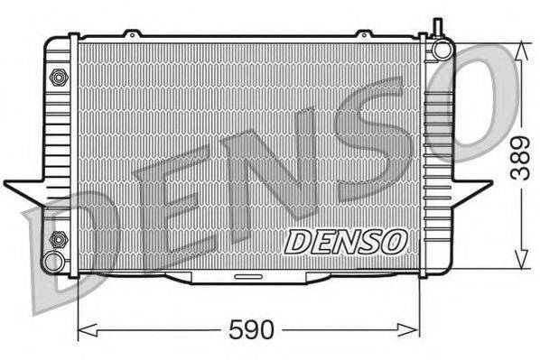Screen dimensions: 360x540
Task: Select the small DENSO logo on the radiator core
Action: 347,241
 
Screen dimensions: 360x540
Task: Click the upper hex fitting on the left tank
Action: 59,77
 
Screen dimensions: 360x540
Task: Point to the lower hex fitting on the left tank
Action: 59,239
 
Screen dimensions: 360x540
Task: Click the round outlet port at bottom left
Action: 55,263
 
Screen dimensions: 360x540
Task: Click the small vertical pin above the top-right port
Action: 435,27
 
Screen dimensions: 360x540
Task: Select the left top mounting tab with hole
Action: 133,34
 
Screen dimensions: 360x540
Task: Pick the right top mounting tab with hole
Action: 364,34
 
